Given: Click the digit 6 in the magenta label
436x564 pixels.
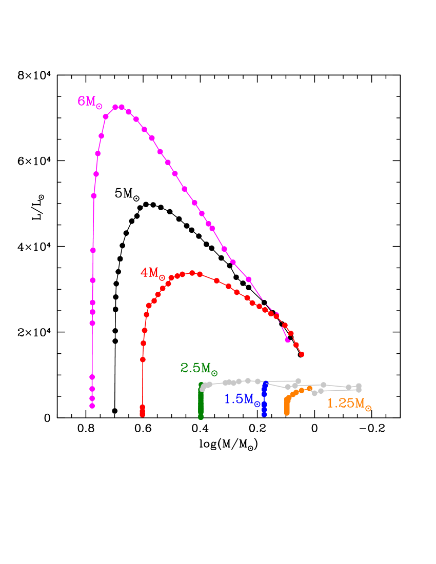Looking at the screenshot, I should tap(81, 101).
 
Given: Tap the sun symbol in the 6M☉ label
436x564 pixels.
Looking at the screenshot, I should tap(99, 107).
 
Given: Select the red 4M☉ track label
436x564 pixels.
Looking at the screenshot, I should tap(152, 273).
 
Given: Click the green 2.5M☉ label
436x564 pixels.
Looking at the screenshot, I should tap(199, 368).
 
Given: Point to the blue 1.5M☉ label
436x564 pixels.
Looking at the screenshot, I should tap(242, 399).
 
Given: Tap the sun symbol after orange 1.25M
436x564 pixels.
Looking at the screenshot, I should tap(368, 408).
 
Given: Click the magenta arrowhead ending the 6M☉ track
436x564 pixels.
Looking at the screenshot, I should tap(288, 339).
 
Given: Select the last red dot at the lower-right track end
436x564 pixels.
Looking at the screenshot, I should tap(302, 354).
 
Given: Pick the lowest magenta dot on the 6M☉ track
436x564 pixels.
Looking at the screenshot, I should tap(92, 406).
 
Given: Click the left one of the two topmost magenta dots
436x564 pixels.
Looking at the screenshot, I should tap(115, 107).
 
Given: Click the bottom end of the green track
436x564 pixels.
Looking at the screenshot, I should tap(201, 417).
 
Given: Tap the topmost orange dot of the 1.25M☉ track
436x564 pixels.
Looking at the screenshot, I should tap(309, 388).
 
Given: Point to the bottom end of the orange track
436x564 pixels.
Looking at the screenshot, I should tap(286, 413).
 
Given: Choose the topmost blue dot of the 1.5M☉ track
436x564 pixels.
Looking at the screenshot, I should tap(265, 384).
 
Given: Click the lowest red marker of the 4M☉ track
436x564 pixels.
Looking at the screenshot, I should tap(142, 414).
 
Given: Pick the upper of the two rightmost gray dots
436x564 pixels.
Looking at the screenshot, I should tap(359, 386).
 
